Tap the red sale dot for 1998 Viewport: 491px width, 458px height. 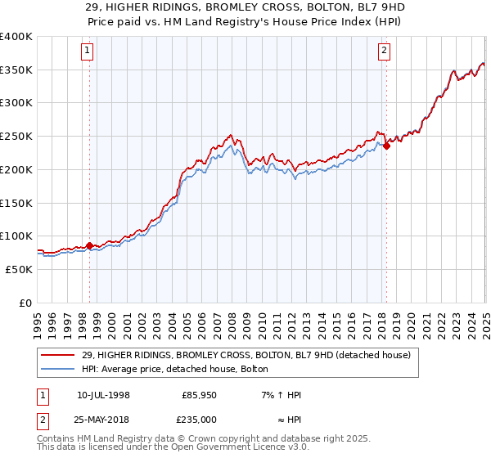tap(89, 245)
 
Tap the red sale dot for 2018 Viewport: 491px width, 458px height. tap(386, 146)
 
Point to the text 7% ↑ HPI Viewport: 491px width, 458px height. tap(279, 395)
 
